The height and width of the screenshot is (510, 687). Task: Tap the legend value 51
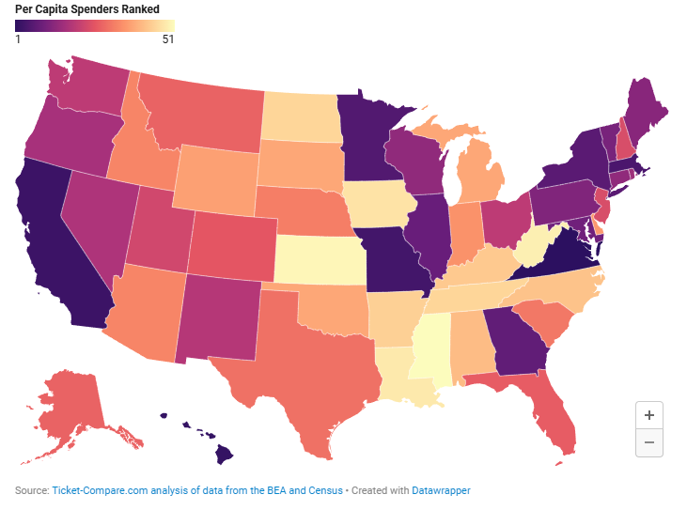tap(167, 39)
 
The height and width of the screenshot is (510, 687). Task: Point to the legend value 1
tap(18, 39)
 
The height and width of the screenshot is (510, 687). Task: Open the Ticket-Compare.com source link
tap(197, 490)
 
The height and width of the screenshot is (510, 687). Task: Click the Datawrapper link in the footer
tap(441, 490)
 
